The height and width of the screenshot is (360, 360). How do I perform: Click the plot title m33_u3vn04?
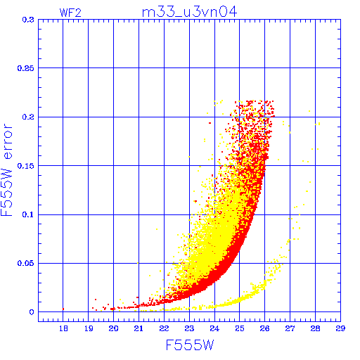[189, 12]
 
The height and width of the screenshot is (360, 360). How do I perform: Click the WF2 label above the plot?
[70, 13]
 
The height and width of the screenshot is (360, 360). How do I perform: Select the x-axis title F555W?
[190, 345]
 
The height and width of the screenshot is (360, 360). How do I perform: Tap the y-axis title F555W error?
[7, 170]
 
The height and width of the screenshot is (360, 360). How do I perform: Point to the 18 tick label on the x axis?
[63, 328]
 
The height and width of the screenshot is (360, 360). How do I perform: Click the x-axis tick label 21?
[139, 328]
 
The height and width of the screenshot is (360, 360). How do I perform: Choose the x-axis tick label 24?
[214, 328]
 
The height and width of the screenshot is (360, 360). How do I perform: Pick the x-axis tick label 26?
[265, 328]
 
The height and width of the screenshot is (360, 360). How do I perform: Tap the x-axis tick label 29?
[340, 328]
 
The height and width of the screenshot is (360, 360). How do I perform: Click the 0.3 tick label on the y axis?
[28, 20]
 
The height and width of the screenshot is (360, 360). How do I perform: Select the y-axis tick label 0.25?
[26, 68]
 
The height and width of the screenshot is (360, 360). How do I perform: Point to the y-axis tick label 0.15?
[26, 166]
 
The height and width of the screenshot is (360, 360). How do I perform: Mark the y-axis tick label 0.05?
[26, 263]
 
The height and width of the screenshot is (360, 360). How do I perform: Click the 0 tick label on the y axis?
[32, 312]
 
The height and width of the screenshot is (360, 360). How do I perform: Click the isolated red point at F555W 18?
[63, 309]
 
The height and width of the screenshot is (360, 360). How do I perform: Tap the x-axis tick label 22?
[164, 328]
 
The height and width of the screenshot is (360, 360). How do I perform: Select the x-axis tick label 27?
[290, 328]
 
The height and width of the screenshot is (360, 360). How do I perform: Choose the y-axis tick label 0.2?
[28, 117]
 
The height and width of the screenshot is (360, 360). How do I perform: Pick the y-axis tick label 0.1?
[28, 214]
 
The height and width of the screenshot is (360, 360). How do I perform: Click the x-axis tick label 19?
[89, 328]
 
